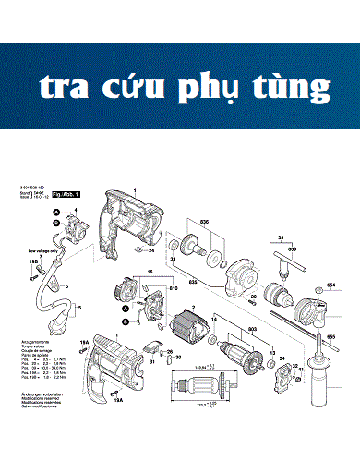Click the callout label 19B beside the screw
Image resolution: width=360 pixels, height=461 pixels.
pyautogui.click(x=34, y=262)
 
